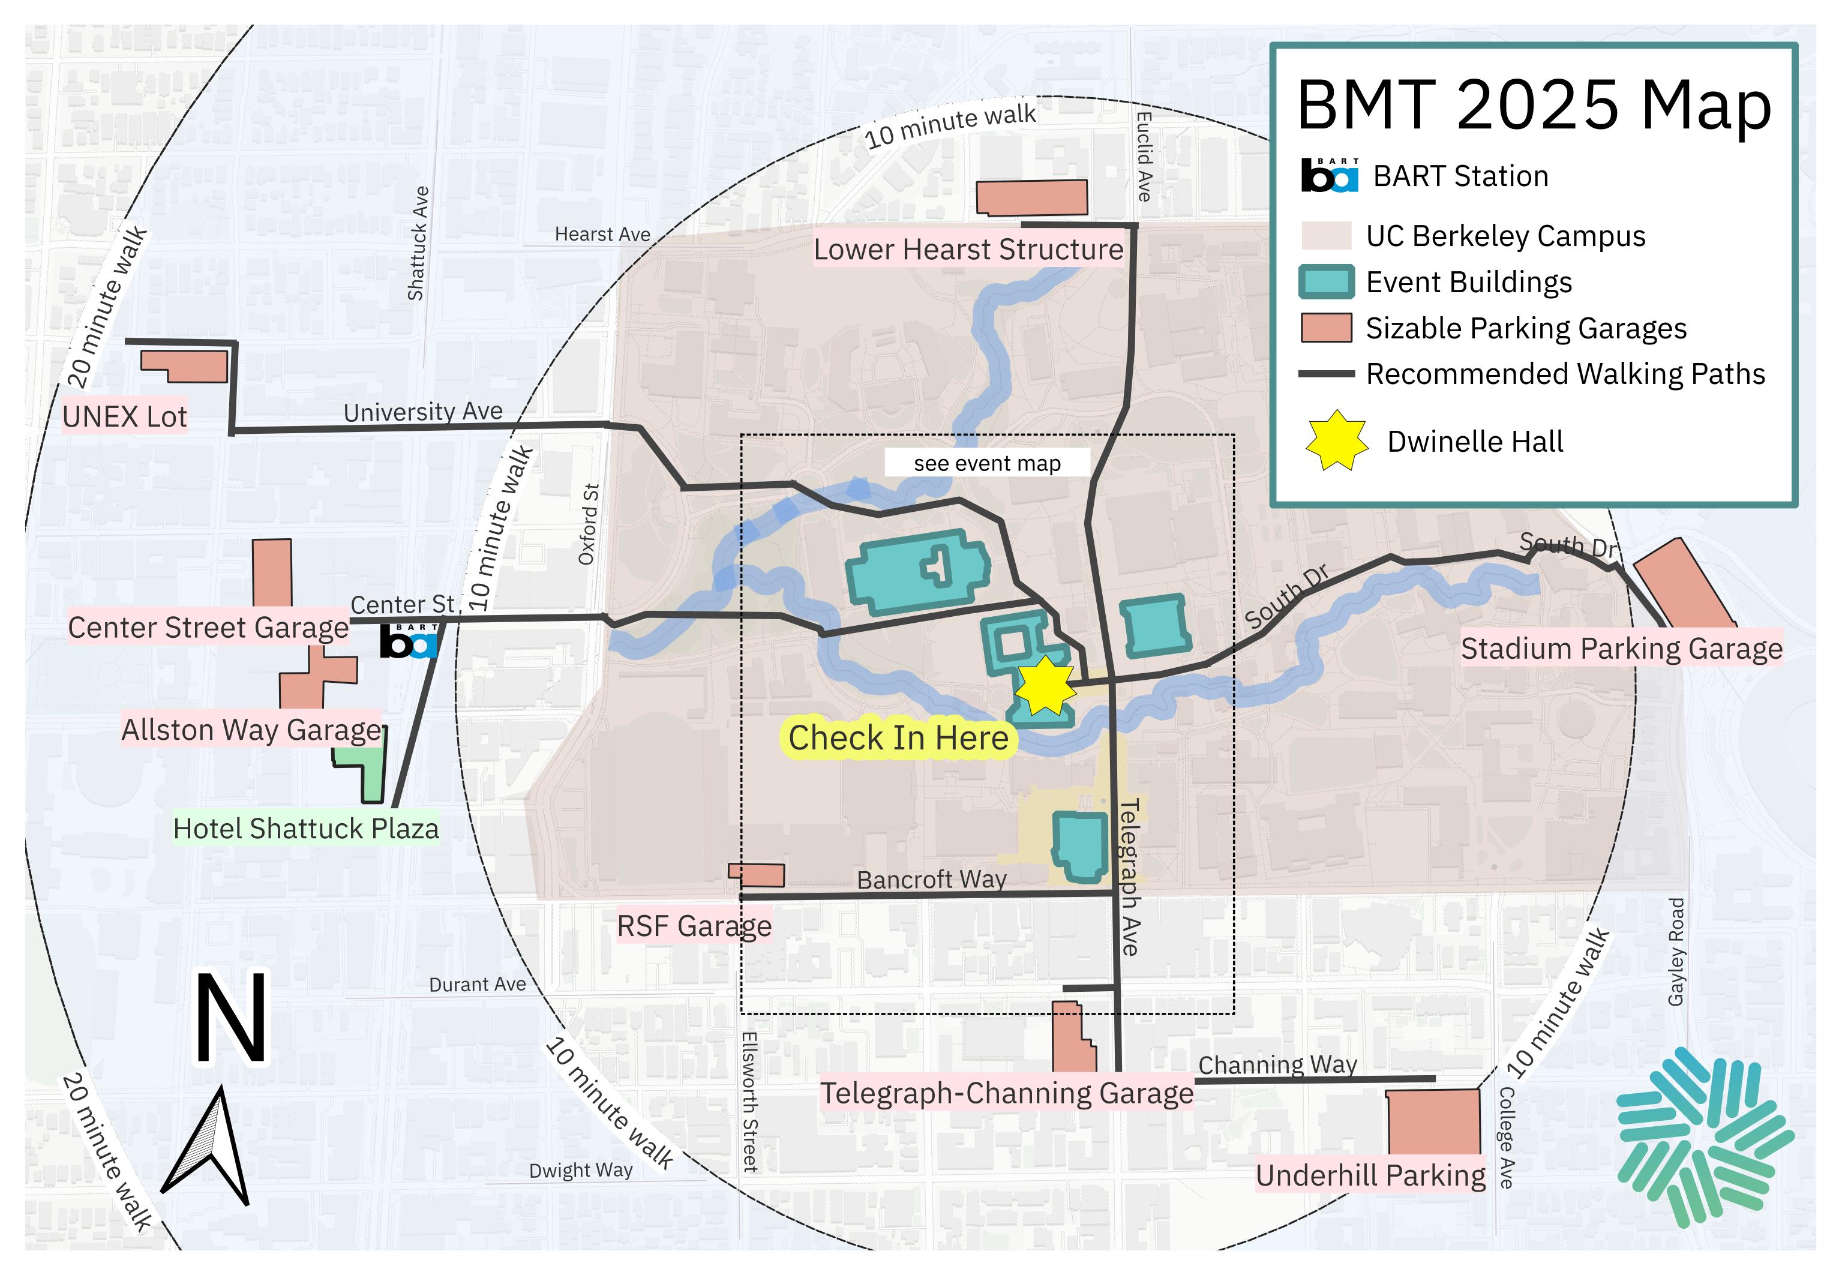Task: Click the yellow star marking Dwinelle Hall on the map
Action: click(x=1045, y=685)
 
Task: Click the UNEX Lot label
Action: click(x=125, y=416)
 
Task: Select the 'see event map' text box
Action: click(x=986, y=463)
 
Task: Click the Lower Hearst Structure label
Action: click(x=968, y=249)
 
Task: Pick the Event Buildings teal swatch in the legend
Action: click(x=1326, y=282)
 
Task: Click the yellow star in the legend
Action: click(x=1336, y=441)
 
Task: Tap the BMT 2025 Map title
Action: click(x=1534, y=106)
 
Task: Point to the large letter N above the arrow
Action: click(x=232, y=1019)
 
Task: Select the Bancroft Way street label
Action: click(x=931, y=880)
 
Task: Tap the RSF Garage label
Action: click(x=694, y=926)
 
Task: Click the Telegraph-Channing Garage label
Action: click(x=1006, y=1093)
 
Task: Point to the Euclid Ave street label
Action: click(x=1143, y=157)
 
